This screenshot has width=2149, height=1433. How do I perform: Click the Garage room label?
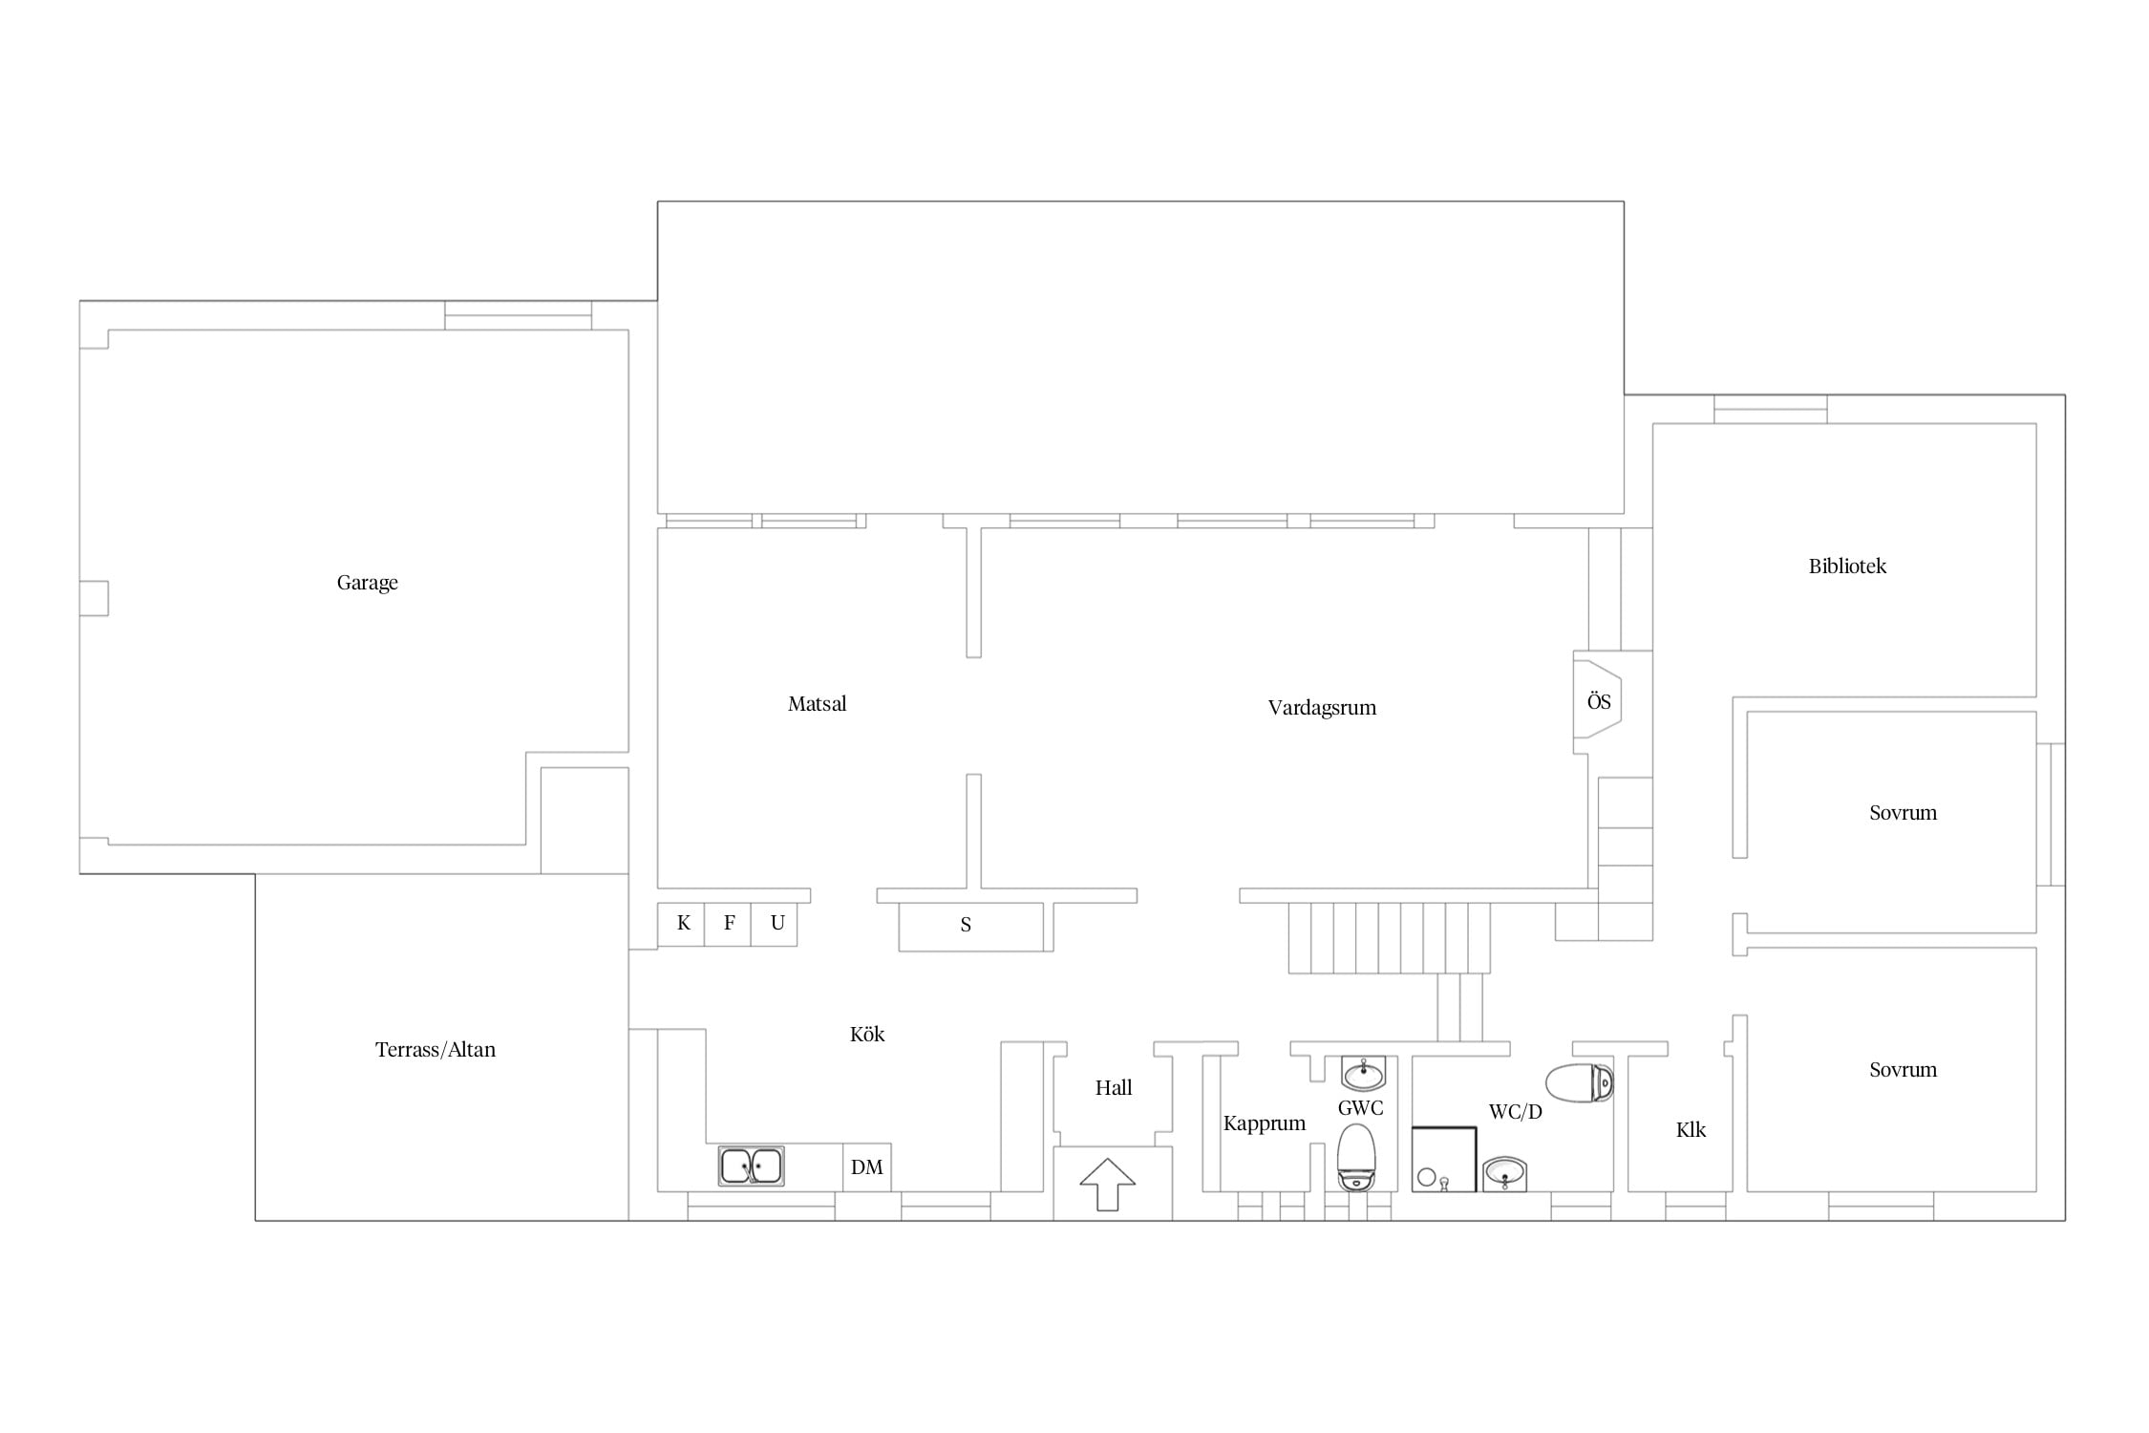click(367, 583)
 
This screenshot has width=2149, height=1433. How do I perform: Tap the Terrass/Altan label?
click(436, 1050)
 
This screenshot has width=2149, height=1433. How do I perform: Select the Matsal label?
click(817, 704)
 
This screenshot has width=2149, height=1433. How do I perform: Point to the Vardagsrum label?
click(1322, 708)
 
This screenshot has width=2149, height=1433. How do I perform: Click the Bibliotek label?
click(1847, 567)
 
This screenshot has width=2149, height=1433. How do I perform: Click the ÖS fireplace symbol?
click(1598, 702)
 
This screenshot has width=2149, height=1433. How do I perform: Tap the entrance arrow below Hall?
click(1108, 1185)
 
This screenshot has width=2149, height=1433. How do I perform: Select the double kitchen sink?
click(752, 1166)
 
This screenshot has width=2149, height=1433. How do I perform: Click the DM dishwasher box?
click(867, 1167)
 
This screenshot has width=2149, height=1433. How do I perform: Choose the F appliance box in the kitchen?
click(728, 924)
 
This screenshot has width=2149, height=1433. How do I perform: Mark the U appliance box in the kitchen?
click(775, 924)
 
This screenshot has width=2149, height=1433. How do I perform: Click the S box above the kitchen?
click(971, 927)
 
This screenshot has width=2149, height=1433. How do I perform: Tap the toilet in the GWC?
click(1356, 1157)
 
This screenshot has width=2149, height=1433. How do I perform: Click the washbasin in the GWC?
click(1363, 1074)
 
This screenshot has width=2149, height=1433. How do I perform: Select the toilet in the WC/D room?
click(1580, 1082)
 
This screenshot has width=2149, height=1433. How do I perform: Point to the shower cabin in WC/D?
click(1444, 1160)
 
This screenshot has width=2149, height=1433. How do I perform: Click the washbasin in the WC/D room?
click(1505, 1174)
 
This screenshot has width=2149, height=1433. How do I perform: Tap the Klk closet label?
click(1691, 1130)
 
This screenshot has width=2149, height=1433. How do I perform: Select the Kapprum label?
click(1264, 1123)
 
